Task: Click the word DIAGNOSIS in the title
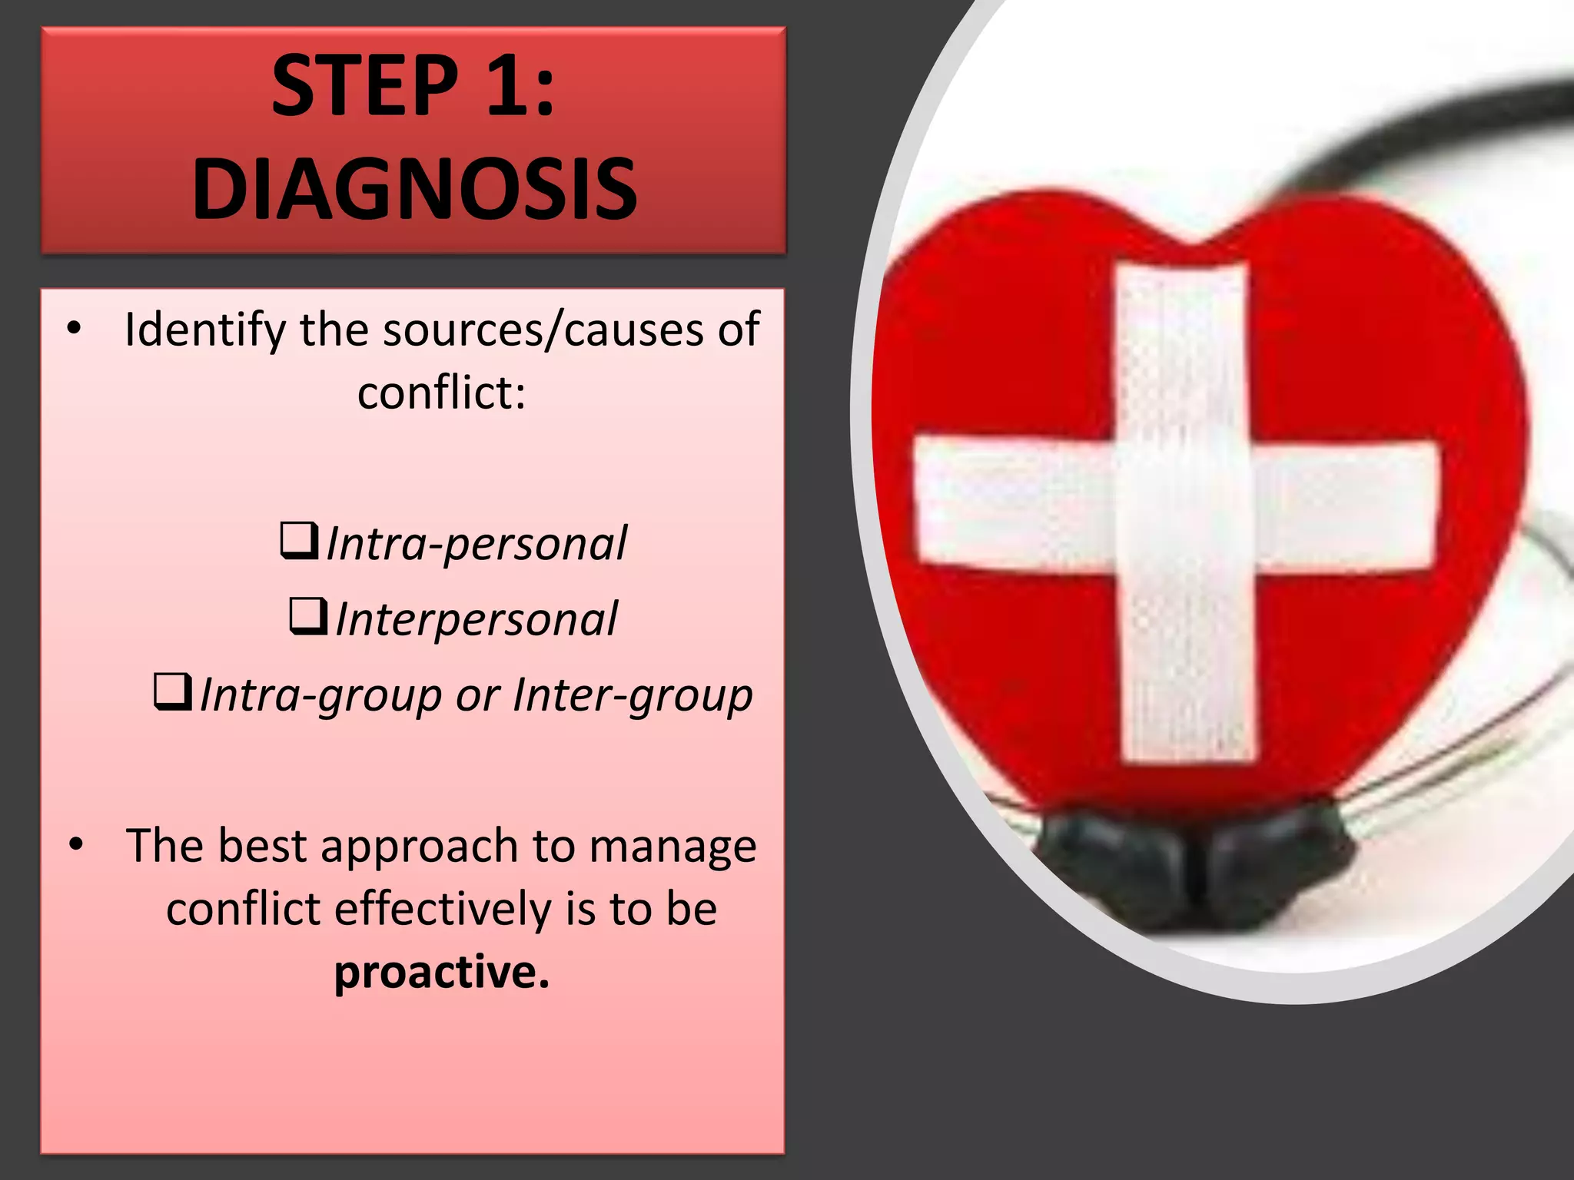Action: point(414,188)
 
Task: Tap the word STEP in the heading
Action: point(365,85)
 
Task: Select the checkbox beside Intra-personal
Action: point(299,541)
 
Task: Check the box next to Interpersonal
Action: point(308,616)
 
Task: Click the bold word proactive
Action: point(442,972)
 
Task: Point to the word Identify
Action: point(205,330)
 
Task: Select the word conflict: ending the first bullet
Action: point(442,393)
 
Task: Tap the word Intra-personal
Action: point(477,544)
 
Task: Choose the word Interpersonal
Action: point(477,619)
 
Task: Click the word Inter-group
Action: point(633,695)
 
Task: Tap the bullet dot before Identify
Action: point(74,329)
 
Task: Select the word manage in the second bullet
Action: point(673,847)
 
